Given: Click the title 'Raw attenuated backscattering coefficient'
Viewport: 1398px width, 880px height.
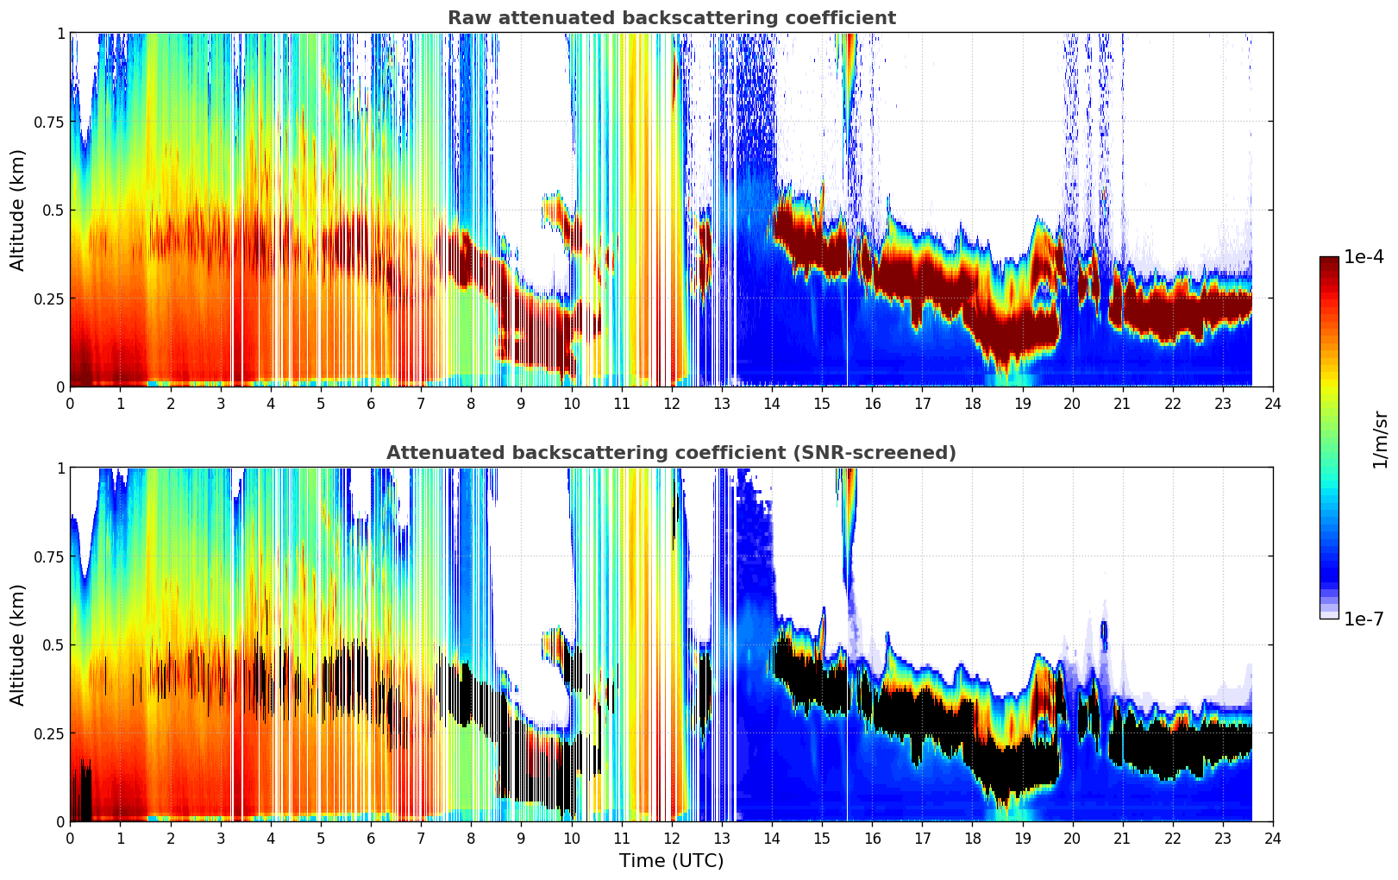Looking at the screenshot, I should [x=671, y=18].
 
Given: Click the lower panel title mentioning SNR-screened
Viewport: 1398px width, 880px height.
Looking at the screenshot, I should [x=671, y=453].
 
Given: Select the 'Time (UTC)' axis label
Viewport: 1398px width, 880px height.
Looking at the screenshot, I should [x=671, y=860].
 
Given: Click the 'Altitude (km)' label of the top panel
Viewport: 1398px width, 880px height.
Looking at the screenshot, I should [x=18, y=210].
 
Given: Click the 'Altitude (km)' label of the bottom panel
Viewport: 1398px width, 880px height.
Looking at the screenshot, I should [x=18, y=644].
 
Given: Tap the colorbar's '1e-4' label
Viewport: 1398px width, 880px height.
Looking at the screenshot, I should [x=1364, y=257].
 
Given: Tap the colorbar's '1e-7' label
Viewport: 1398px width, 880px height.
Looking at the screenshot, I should [x=1364, y=619].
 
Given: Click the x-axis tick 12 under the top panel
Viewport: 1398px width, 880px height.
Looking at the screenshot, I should [x=671, y=403].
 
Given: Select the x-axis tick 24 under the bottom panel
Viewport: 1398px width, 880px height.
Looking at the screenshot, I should [x=1272, y=838].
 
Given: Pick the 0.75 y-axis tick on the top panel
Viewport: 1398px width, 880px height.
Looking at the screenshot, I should [x=48, y=122].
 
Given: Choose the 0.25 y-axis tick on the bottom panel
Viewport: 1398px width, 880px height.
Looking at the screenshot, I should [x=48, y=733].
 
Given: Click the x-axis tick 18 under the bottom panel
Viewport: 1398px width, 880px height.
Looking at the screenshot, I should [x=972, y=838].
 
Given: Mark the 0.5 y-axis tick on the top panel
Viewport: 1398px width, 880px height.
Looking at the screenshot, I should [x=53, y=211].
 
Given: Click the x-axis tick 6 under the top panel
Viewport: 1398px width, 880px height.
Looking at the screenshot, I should [x=371, y=403].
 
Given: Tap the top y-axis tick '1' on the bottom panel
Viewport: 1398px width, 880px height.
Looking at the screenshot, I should [x=60, y=468].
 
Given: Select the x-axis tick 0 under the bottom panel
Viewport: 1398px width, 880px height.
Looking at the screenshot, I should [x=71, y=838].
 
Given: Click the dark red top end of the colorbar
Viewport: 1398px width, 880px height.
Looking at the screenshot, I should [x=1328, y=261].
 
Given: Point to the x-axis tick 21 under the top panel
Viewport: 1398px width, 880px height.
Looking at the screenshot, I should [x=1122, y=403].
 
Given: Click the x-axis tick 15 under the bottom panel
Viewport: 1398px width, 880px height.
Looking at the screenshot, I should [x=822, y=838].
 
